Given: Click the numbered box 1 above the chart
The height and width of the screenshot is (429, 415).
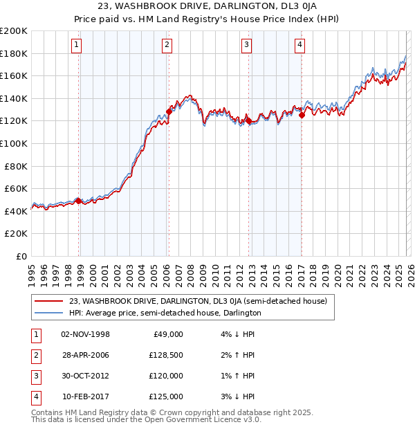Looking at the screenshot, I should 76,46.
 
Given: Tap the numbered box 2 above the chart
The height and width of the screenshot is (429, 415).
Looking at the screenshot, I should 167,46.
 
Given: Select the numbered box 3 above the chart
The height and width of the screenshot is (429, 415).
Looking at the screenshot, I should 246,46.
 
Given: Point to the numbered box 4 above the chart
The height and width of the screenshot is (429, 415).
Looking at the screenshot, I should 299,46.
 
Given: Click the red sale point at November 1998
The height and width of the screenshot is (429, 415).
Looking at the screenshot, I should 78,201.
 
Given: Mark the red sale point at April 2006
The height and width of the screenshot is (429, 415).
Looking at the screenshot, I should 169,111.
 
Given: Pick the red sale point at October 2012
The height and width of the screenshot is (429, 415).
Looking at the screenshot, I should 248,120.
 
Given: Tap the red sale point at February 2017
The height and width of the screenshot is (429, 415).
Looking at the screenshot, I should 302,115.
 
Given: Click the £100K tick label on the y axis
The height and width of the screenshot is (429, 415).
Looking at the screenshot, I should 14,143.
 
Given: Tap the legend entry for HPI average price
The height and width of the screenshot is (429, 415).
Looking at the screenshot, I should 165,313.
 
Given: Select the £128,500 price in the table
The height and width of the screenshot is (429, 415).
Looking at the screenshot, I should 165,355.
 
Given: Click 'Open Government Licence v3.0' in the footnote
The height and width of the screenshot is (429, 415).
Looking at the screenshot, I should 201,419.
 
